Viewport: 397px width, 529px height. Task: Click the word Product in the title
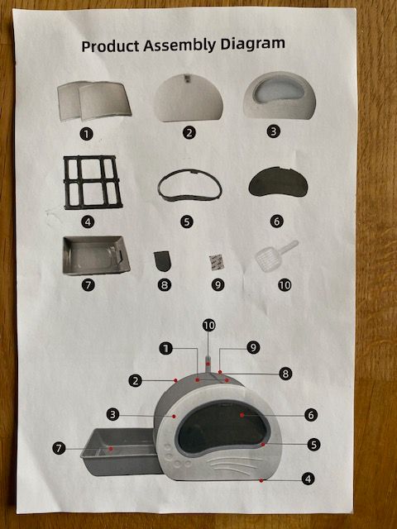pyautogui.click(x=110, y=45)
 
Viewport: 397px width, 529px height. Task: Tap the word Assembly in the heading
pyautogui.click(x=179, y=45)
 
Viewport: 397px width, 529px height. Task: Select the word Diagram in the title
pyautogui.click(x=253, y=44)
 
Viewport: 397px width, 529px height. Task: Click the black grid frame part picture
pyautogui.click(x=93, y=182)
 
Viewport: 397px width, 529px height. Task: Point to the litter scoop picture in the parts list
pyautogui.click(x=276, y=255)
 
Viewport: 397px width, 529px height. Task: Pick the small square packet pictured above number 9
pyautogui.click(x=217, y=263)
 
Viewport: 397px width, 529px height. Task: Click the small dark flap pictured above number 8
pyautogui.click(x=163, y=261)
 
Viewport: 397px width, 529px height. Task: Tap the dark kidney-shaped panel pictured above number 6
pyautogui.click(x=278, y=182)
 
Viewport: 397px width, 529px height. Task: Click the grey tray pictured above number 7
pyautogui.click(x=96, y=255)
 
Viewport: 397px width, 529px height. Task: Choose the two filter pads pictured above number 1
pyautogui.click(x=94, y=101)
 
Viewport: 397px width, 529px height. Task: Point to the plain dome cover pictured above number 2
pyautogui.click(x=189, y=98)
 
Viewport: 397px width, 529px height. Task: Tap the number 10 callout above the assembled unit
pyautogui.click(x=209, y=326)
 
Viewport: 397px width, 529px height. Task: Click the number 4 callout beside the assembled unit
pyautogui.click(x=308, y=479)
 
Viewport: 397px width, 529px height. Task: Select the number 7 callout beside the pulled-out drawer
pyautogui.click(x=59, y=448)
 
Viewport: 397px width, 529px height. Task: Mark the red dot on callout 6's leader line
pyautogui.click(x=242, y=415)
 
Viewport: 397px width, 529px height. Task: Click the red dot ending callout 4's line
pyautogui.click(x=261, y=480)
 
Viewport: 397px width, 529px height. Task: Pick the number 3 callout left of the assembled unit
pyautogui.click(x=112, y=414)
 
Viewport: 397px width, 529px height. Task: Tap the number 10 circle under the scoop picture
pyautogui.click(x=285, y=285)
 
